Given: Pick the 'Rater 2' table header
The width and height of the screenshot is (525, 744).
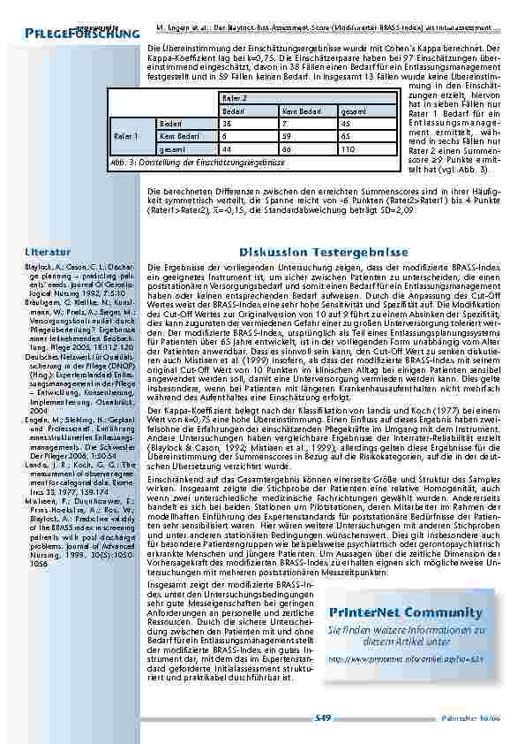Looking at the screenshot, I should click(234, 100).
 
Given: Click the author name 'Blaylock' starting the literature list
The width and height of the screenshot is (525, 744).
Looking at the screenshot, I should click(39, 266).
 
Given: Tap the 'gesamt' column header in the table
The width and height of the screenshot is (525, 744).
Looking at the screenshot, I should click(350, 112).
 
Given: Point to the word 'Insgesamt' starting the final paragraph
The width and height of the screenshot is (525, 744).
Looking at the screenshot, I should click(167, 585).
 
